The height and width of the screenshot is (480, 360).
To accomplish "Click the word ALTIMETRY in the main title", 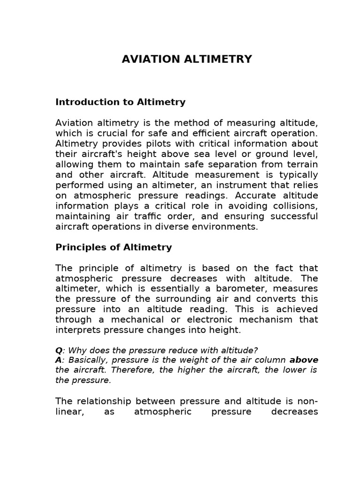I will (x=219, y=60).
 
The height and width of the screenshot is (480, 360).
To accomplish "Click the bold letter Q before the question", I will (x=59, y=351).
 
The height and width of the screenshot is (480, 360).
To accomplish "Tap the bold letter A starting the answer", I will (x=59, y=360).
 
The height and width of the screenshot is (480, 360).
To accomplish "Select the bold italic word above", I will (x=304, y=360).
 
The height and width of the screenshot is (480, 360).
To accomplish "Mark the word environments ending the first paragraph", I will (x=229, y=226).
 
